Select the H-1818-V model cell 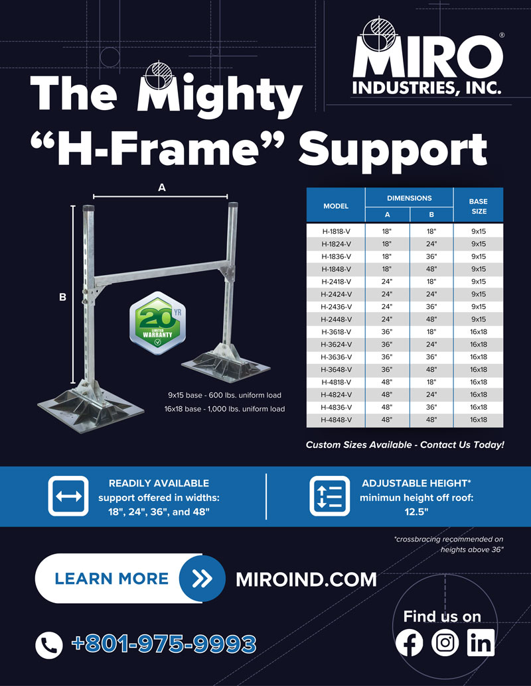click(336, 231)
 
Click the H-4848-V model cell click(336, 420)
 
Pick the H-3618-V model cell click(336, 332)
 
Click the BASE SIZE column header click(478, 205)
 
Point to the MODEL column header click(336, 206)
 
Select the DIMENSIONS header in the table click(409, 198)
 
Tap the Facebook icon click(409, 643)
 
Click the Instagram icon click(445, 643)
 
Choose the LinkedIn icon click(481, 643)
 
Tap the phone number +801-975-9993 click(163, 644)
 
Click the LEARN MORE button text click(112, 579)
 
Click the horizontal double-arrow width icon click(68, 496)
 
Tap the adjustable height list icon click(330, 496)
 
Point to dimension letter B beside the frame click(62, 298)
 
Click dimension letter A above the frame click(161, 188)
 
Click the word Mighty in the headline click(219, 95)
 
